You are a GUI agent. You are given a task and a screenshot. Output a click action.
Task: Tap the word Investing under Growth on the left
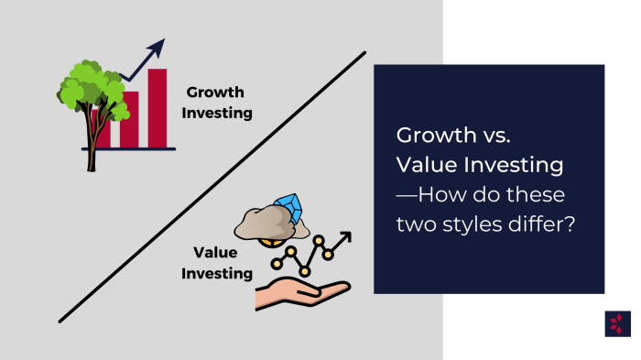[219, 113]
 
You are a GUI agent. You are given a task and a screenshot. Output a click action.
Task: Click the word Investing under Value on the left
[217, 273]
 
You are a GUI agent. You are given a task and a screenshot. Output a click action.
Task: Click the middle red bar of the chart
[130, 118]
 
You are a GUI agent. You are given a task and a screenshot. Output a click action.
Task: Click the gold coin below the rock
[271, 243]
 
